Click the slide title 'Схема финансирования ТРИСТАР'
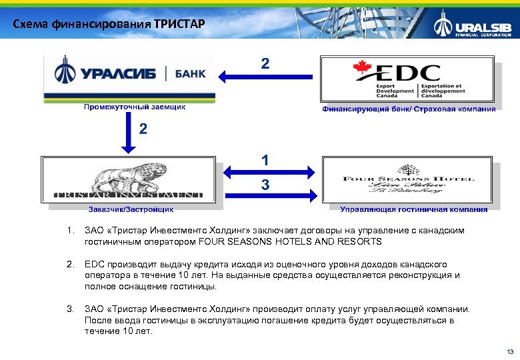[x=109, y=25]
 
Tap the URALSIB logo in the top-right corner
[x=475, y=27]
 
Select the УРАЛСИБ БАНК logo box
[x=129, y=77]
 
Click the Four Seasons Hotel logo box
[x=409, y=180]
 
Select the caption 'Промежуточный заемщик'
[x=134, y=107]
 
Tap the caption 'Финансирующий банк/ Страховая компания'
[x=409, y=109]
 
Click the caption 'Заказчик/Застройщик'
[x=131, y=209]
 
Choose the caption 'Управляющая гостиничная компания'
[x=413, y=209]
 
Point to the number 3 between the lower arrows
[x=265, y=185]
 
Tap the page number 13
[x=510, y=351]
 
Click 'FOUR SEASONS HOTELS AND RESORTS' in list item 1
[x=306, y=241]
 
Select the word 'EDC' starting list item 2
[x=95, y=265]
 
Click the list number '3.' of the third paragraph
[x=71, y=309]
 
